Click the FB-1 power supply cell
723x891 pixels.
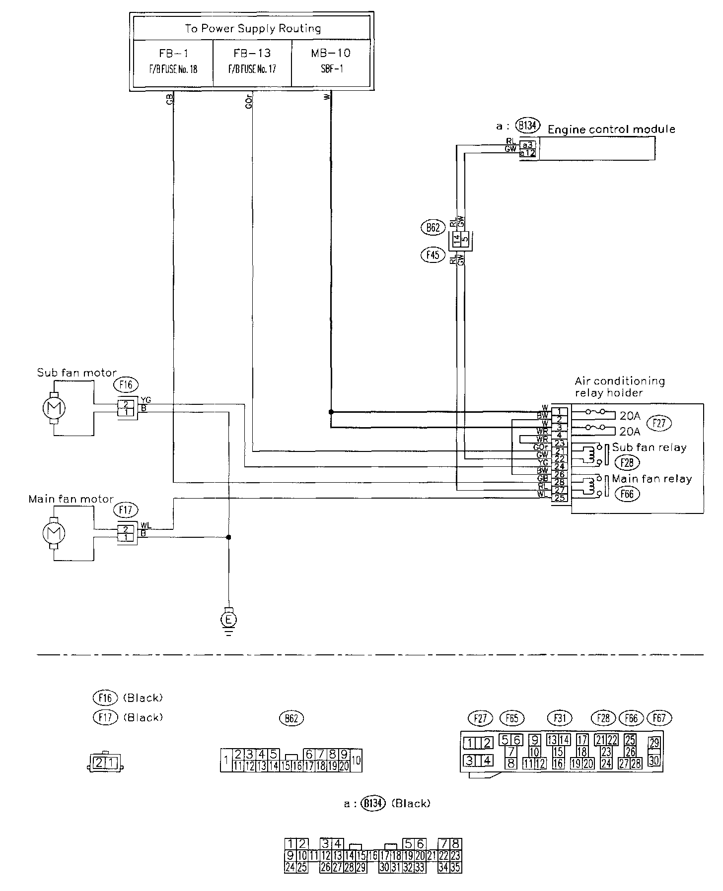click(173, 61)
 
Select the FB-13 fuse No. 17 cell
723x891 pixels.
click(252, 61)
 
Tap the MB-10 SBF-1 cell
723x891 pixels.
click(331, 61)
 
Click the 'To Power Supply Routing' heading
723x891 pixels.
click(252, 28)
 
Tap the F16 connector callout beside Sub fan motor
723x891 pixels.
click(126, 384)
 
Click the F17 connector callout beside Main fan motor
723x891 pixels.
click(126, 509)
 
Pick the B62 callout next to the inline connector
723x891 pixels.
click(431, 228)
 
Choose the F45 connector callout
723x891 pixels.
click(431, 255)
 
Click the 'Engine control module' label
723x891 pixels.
click(611, 129)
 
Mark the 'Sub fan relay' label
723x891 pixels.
click(649, 447)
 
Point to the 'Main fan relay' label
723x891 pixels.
click(651, 479)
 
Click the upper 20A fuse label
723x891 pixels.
click(630, 415)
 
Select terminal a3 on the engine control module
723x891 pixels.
click(528, 145)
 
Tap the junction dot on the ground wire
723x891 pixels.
click(228, 537)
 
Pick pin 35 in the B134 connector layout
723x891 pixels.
click(456, 868)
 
